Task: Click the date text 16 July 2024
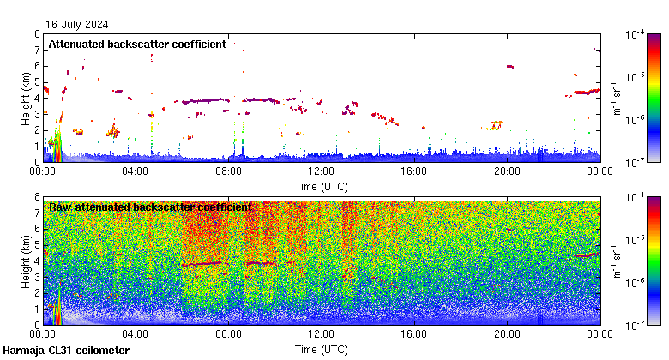[78, 24]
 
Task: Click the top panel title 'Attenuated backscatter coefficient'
[137, 44]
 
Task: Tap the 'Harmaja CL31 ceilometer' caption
[66, 351]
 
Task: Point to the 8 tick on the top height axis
[37, 34]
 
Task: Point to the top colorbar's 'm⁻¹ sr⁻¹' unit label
[615, 97]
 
